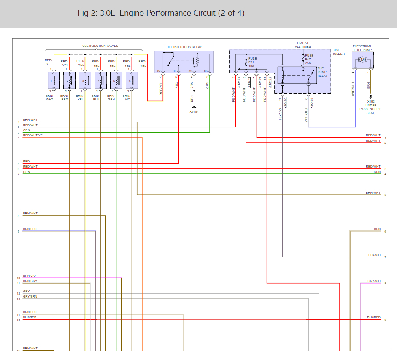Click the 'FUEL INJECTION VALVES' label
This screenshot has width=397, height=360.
(99, 46)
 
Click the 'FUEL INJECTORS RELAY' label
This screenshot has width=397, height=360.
(184, 47)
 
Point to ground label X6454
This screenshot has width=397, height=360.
(194, 111)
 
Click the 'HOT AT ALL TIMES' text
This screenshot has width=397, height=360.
(303, 45)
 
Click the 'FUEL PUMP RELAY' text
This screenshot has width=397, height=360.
(322, 72)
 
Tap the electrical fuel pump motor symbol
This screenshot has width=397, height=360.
(362, 60)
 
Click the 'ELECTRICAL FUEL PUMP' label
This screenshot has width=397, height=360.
(362, 48)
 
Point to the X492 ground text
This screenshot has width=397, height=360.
(370, 101)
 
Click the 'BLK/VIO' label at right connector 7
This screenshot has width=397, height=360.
(374, 255)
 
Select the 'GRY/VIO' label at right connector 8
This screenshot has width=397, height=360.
(374, 281)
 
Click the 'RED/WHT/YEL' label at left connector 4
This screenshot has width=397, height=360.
(33, 135)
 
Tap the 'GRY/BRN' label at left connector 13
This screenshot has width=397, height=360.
(30, 297)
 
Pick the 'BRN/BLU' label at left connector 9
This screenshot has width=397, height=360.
(30, 229)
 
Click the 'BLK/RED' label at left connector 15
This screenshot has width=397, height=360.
(30, 317)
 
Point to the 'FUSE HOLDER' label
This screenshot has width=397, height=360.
(338, 52)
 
